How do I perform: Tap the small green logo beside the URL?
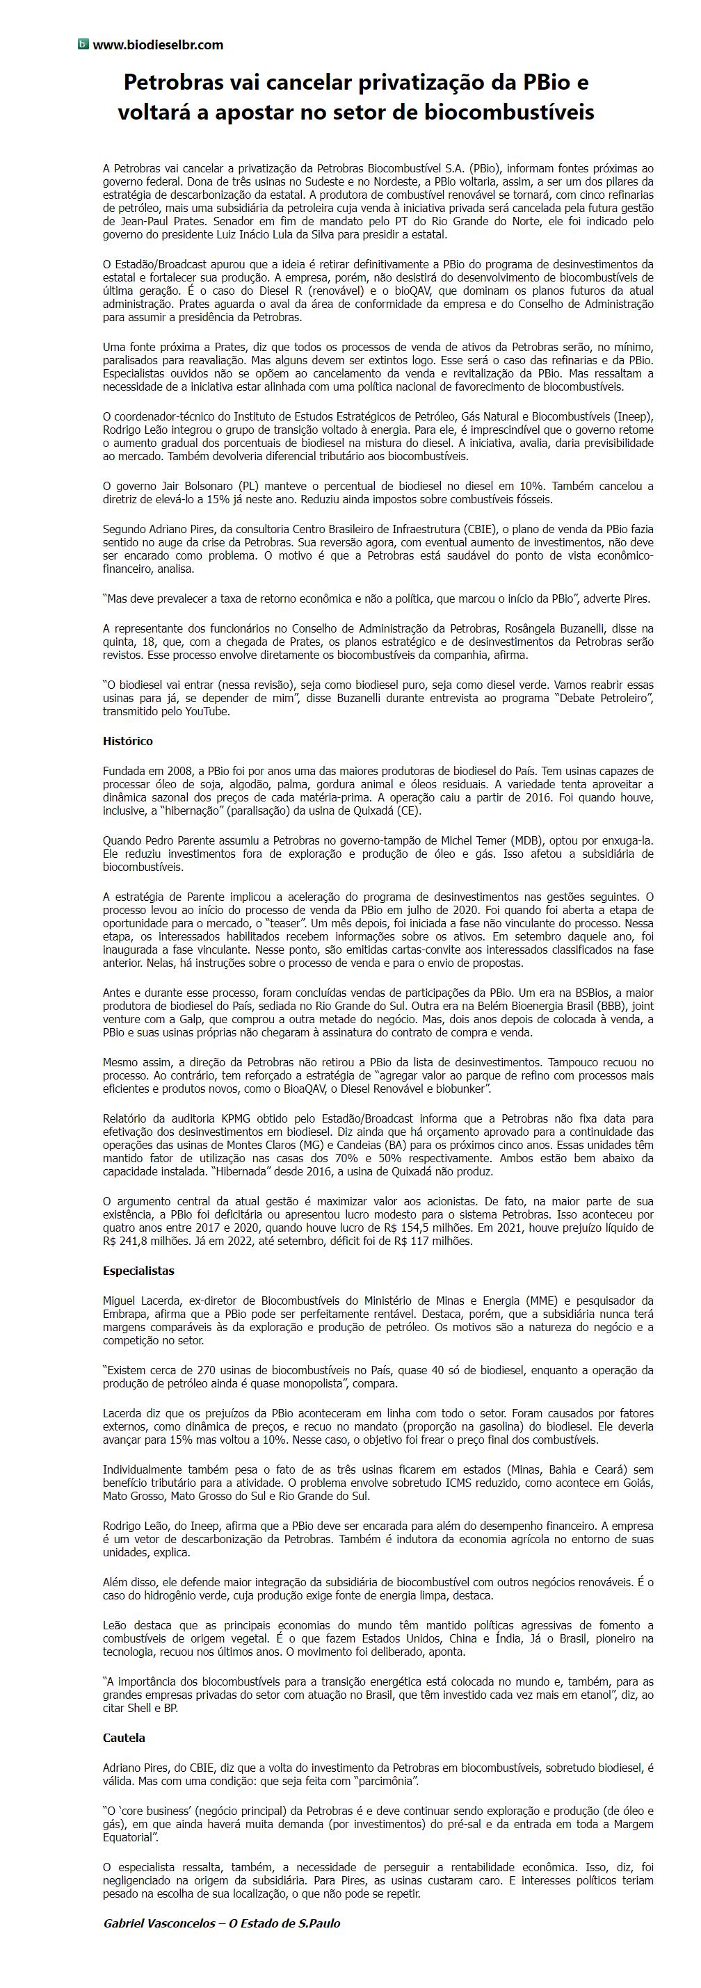83,44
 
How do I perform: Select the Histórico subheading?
128,741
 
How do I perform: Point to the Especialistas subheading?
139,1270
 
